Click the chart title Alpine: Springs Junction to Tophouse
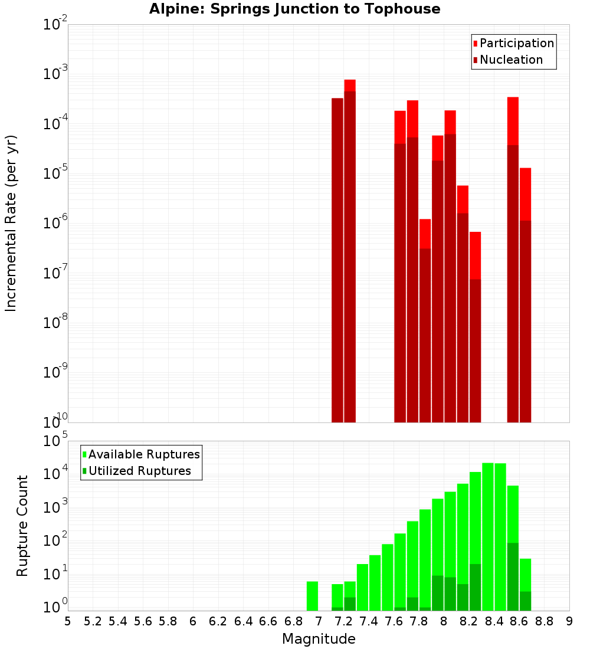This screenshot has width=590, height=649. [x=294, y=9]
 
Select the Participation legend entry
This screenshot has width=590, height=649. [x=516, y=43]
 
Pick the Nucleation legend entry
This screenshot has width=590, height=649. [x=510, y=60]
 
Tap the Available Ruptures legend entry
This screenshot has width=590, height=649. [x=143, y=454]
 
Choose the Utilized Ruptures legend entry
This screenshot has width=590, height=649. [x=139, y=471]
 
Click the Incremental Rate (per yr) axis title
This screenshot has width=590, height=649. [x=11, y=223]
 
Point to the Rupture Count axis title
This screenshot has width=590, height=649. [x=22, y=526]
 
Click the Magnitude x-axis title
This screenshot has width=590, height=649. [x=319, y=639]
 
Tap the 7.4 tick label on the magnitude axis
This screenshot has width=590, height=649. [x=369, y=621]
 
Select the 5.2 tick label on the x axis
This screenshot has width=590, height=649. [x=93, y=621]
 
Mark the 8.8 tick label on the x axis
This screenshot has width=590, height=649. [x=544, y=621]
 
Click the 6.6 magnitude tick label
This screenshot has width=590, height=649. [x=268, y=621]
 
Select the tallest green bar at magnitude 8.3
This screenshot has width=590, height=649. [x=488, y=537]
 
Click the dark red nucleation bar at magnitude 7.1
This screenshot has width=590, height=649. [x=337, y=260]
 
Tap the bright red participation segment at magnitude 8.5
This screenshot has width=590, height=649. [x=513, y=121]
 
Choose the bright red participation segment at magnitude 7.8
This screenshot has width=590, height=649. [x=425, y=233]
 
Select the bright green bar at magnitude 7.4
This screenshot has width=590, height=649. [x=362, y=587]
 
